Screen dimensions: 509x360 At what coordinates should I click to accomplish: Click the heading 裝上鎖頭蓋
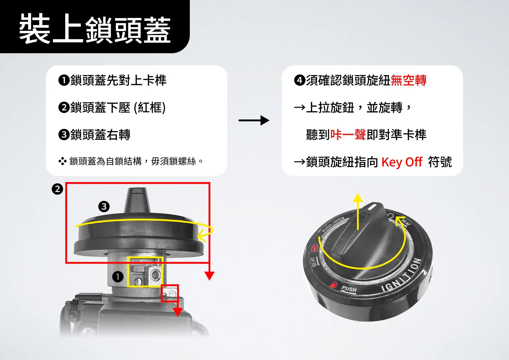pyautogui.click(x=95, y=29)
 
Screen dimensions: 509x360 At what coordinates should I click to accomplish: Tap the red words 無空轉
pyautogui.click(x=409, y=80)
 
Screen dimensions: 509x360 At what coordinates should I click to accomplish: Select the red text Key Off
pyautogui.click(x=402, y=162)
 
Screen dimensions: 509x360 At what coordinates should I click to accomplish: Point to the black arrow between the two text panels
pyautogui.click(x=254, y=120)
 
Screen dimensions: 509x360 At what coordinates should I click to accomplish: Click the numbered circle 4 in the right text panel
pyautogui.click(x=300, y=80)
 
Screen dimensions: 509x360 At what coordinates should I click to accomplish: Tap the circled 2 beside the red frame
pyautogui.click(x=57, y=189)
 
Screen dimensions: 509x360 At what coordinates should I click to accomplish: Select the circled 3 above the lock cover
pyautogui.click(x=104, y=206)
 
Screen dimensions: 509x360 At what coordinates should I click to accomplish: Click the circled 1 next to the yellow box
pyautogui.click(x=118, y=277)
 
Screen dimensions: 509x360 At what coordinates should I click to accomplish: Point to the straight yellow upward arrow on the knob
pyautogui.click(x=358, y=211)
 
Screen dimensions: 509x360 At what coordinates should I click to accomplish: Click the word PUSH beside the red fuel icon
pyautogui.click(x=349, y=289)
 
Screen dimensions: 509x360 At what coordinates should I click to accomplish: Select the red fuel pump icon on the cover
pyautogui.click(x=334, y=285)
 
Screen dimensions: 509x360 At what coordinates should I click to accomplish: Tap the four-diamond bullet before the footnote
pyautogui.click(x=63, y=161)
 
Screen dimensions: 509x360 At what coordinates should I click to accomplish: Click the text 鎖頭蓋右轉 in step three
pyautogui.click(x=100, y=135)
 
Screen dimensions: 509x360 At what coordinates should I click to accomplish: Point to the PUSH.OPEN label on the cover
pyautogui.click(x=333, y=224)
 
